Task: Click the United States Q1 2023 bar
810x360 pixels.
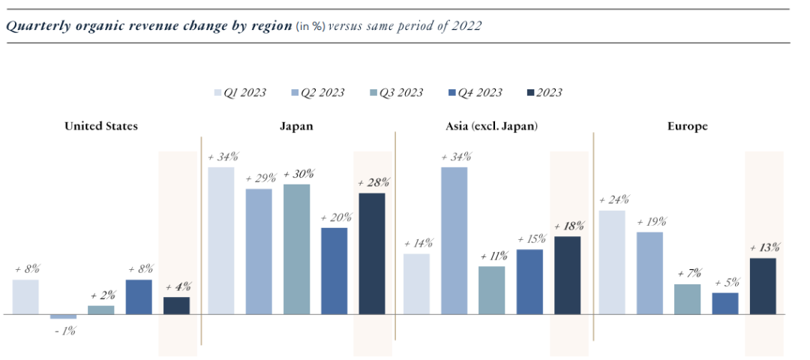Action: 25,297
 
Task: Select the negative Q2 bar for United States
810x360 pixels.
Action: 63,316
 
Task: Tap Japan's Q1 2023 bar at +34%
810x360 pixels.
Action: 220,240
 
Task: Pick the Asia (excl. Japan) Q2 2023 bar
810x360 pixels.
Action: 454,240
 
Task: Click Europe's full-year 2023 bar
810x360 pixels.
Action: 763,286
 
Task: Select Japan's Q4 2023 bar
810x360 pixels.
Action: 334,271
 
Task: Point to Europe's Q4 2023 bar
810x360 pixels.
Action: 725,303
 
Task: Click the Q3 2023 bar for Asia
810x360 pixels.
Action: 492,290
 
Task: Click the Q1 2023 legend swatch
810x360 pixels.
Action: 218,93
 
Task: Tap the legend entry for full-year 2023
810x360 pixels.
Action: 549,93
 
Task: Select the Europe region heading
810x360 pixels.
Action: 687,126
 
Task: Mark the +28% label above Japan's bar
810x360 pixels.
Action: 373,183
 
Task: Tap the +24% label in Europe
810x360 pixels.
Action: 614,200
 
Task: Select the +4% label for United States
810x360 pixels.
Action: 177,286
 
